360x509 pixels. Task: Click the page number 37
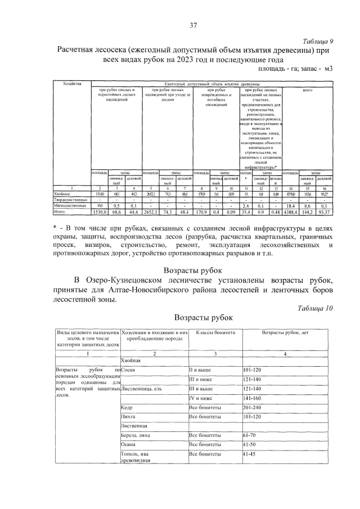[x=193, y=25]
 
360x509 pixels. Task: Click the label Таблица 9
[x=318, y=41]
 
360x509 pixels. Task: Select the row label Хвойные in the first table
[x=64, y=193]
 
